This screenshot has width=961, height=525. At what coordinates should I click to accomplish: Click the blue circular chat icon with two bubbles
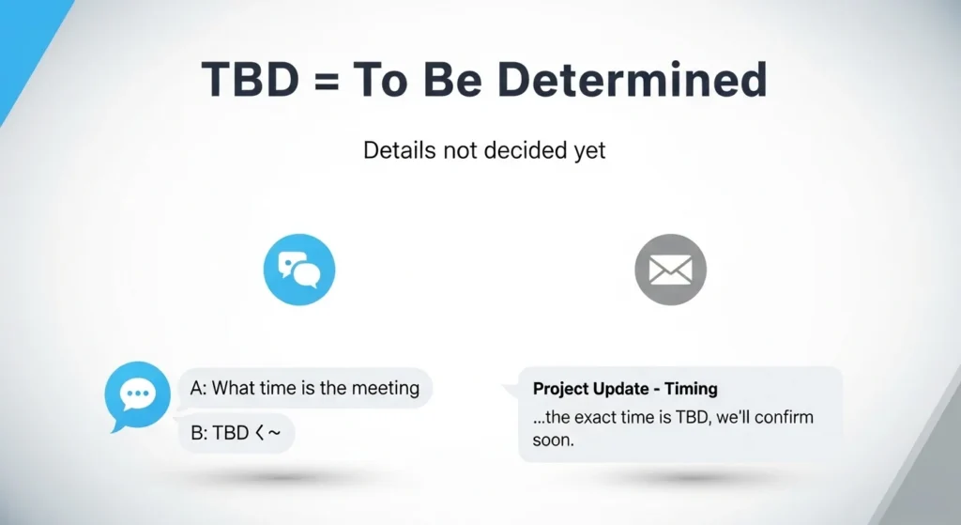[299, 270]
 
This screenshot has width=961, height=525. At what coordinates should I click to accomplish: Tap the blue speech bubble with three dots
[138, 395]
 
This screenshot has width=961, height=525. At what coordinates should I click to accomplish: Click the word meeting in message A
[385, 388]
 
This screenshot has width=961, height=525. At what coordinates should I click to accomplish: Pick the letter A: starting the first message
[198, 388]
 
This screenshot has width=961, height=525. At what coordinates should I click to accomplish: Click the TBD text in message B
[230, 434]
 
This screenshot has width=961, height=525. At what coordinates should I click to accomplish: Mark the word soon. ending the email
[553, 440]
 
